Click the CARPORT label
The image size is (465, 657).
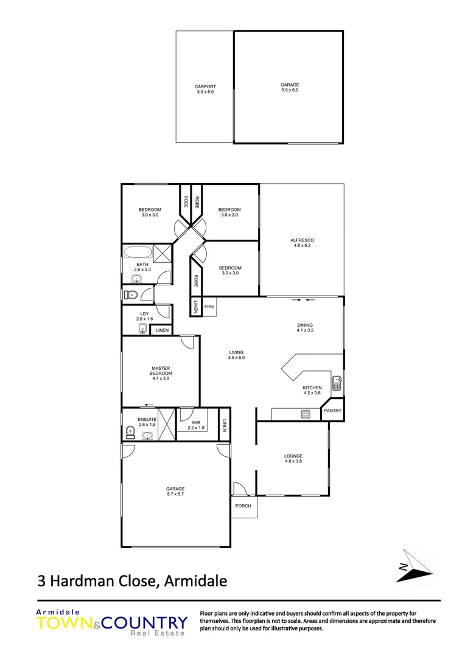205,86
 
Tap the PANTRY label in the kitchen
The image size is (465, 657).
332,411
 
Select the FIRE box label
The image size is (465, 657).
209,307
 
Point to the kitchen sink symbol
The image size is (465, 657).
336,384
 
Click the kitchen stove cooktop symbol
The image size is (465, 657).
306,415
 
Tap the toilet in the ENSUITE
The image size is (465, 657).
128,433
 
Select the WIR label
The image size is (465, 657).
196,422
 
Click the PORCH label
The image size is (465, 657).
243,506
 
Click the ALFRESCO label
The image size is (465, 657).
302,240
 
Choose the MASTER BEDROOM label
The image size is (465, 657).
159,370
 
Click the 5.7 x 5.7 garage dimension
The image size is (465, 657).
175,494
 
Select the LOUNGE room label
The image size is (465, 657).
293,456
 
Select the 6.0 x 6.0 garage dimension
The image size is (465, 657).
290,90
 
